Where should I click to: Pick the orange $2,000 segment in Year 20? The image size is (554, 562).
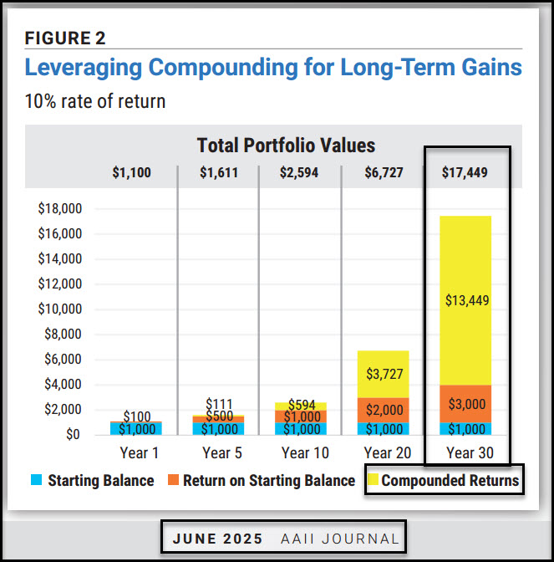pyautogui.click(x=384, y=410)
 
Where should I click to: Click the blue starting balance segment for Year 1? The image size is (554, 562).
pyautogui.click(x=135, y=428)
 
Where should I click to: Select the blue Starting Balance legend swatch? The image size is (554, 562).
pyautogui.click(x=35, y=481)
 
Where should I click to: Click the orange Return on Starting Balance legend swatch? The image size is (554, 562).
pyautogui.click(x=170, y=481)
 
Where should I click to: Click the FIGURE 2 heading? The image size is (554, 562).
pyautogui.click(x=65, y=38)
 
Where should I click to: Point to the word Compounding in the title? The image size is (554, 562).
pyautogui.click(x=194, y=66)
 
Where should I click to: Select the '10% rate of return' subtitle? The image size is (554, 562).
pyautogui.click(x=95, y=101)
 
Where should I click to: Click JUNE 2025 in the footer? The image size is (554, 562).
pyautogui.click(x=217, y=539)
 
